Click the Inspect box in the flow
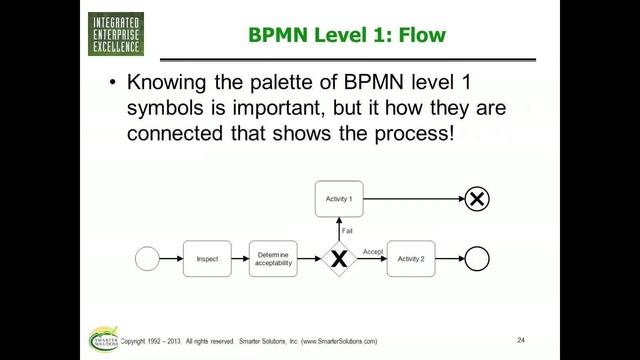tap(207, 259)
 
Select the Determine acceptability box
tap(273, 259)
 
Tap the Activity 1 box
tap(340, 199)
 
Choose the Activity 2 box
tap(411, 259)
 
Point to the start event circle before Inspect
tap(148, 259)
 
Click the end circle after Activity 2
tap(478, 259)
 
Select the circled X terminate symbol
tap(478, 199)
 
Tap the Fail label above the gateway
tap(347, 231)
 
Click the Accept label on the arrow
tap(373, 251)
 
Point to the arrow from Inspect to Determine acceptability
tap(239, 259)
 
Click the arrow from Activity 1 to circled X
tap(415, 199)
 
